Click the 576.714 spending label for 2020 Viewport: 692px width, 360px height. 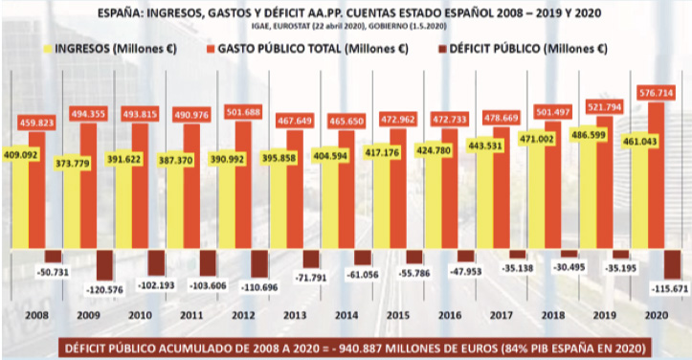click(657, 93)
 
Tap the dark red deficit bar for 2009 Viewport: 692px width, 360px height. click(104, 265)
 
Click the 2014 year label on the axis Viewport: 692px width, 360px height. click(346, 315)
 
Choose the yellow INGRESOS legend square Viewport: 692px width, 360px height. click(47, 49)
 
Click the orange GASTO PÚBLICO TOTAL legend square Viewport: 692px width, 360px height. click(211, 49)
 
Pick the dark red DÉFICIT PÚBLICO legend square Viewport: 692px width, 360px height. click(442, 49)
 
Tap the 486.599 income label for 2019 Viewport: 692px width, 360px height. click(589, 134)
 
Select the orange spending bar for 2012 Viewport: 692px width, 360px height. click(243, 184)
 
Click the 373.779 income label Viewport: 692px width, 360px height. click(73, 164)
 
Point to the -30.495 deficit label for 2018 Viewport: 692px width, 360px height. click(569, 267)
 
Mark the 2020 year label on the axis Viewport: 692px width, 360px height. click(657, 315)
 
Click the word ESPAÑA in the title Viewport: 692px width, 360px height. click(120, 12)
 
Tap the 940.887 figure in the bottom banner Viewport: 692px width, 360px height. click(358, 349)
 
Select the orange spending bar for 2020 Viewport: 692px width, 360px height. click(657, 175)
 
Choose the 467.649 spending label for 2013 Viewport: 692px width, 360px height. click(295, 120)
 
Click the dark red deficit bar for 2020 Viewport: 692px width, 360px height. click(673, 264)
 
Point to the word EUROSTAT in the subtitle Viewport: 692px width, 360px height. click(292, 26)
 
